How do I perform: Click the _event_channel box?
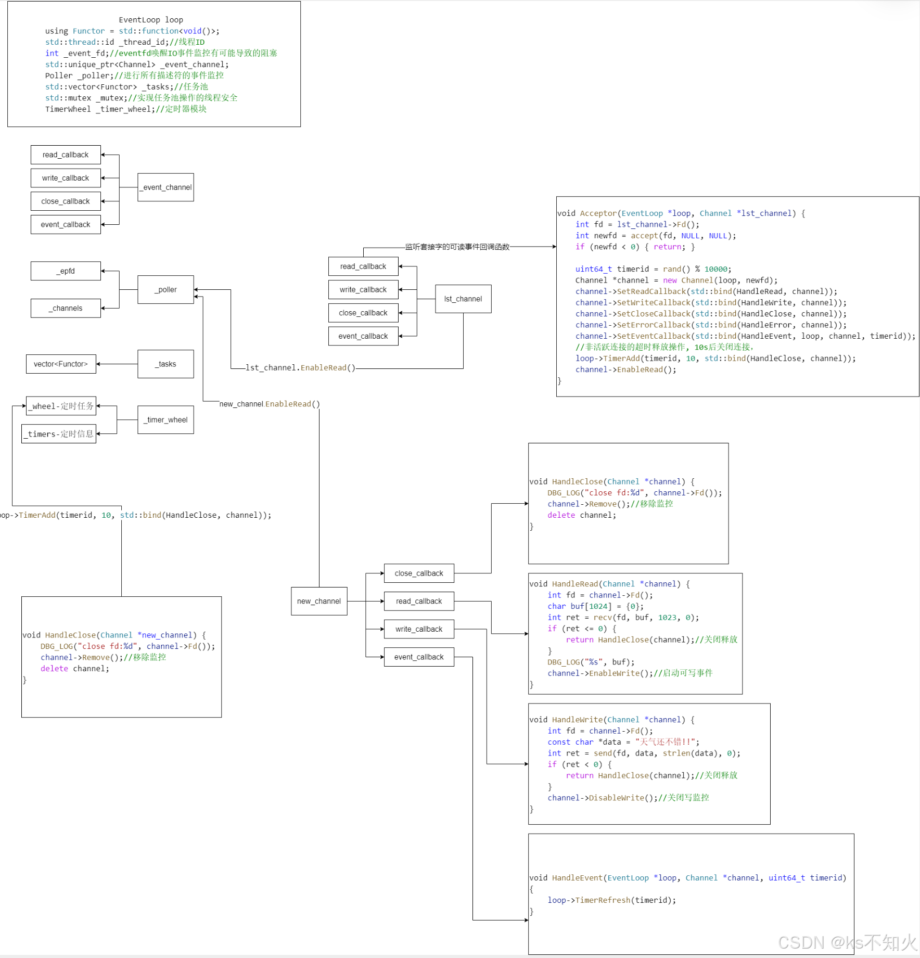coord(165,187)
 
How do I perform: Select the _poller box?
coord(165,289)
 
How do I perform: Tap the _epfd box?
coord(66,271)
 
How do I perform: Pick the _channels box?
coord(66,308)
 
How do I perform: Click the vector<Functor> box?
coord(61,364)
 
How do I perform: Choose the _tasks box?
coord(165,364)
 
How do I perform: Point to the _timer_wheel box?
coord(165,420)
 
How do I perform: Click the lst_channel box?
coord(463,299)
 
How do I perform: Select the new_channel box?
coord(319,601)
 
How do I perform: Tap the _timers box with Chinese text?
coord(59,434)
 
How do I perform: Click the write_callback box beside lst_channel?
coord(363,290)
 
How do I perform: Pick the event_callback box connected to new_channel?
coord(419,657)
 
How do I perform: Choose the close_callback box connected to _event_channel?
coord(66,201)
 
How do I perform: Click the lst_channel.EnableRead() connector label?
coord(300,368)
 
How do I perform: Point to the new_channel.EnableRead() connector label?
coord(270,404)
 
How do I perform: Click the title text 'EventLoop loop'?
coord(151,20)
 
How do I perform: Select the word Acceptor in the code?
coord(598,213)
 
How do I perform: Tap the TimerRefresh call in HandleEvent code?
coord(603,900)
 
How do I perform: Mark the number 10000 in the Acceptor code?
coord(715,269)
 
